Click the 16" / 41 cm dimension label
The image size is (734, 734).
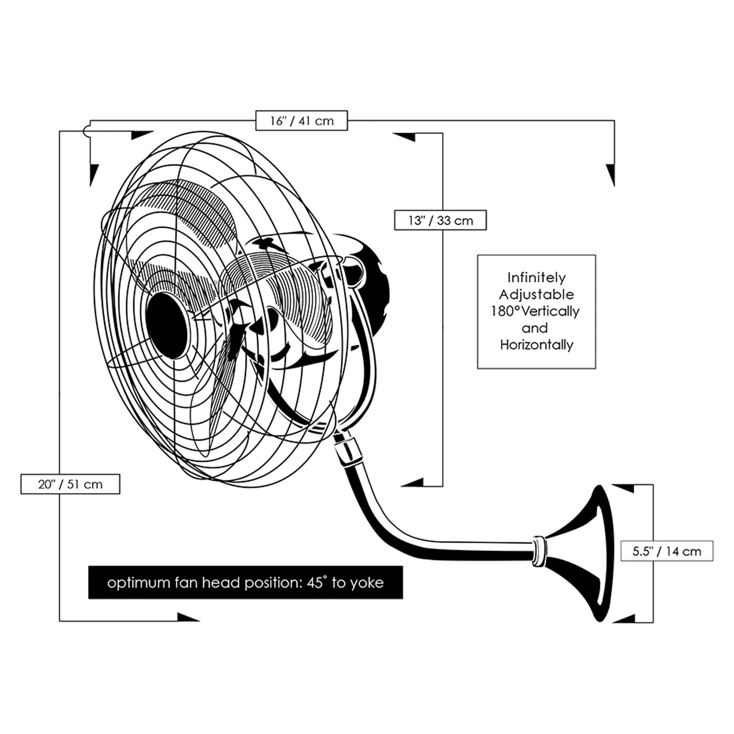coord(301,121)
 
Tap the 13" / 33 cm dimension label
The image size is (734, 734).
coord(440,220)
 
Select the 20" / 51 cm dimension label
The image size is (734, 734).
coord(70,484)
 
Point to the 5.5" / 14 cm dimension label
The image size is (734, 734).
coord(667,551)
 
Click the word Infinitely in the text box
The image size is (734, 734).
coord(537,278)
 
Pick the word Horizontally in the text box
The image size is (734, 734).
coord(537,345)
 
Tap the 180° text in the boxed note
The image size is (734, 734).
coord(505,312)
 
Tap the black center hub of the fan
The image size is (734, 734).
coord(167,325)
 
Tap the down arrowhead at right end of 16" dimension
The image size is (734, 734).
coord(611,174)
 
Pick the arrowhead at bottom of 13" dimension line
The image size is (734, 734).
coord(413,483)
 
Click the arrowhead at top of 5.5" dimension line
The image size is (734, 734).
coord(623,488)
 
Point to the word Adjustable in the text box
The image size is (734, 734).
coord(537,294)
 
